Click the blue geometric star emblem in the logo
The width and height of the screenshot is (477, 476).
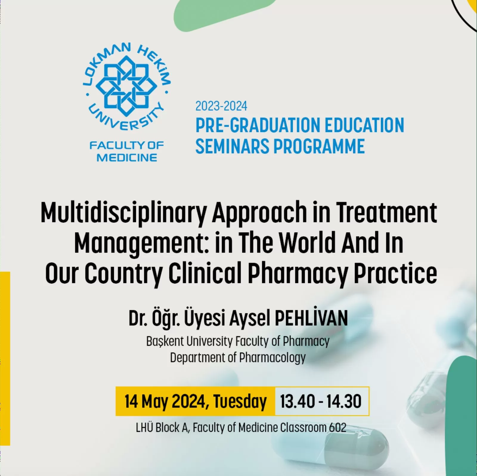point(126,86)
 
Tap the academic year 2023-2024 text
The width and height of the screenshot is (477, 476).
point(221,106)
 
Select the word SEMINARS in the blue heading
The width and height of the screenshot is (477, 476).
point(232,146)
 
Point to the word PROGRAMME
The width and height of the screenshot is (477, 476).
point(319,146)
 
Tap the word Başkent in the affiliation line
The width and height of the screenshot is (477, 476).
point(165,341)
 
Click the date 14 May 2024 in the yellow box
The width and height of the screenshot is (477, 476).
point(165,402)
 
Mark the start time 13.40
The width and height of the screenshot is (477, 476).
point(297,401)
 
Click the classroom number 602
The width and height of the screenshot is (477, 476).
point(338,428)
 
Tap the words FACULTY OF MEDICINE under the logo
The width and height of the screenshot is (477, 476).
point(127,151)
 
